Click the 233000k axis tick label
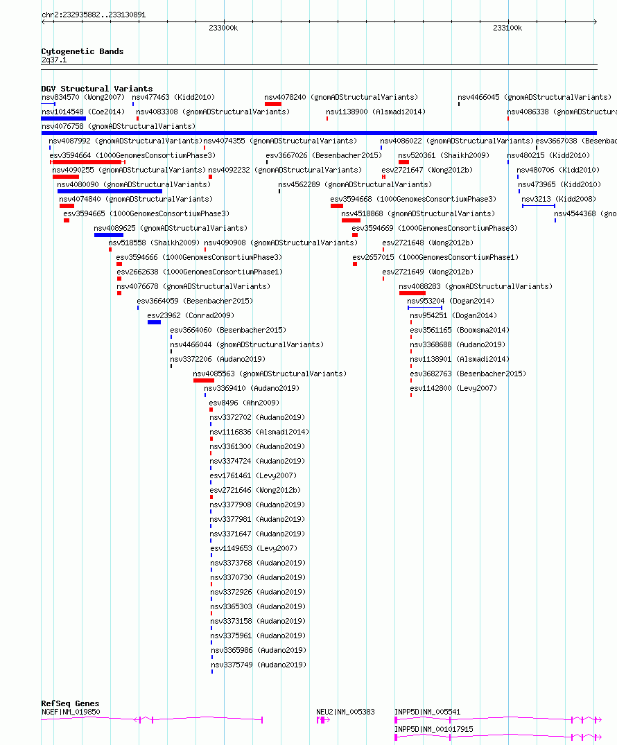pyautogui.click(x=223, y=28)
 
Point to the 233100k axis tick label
pyautogui.click(x=507, y=28)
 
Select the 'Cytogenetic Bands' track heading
pyautogui.click(x=82, y=51)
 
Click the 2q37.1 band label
pyautogui.click(x=54, y=60)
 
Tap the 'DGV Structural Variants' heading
pyautogui.click(x=97, y=89)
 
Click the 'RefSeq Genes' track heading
pyautogui.click(x=70, y=703)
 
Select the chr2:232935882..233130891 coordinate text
pyautogui.click(x=94, y=15)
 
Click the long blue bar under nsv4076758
pyautogui.click(x=319, y=133)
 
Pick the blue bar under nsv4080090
pyautogui.click(x=110, y=191)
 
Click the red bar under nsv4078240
pyautogui.click(x=273, y=104)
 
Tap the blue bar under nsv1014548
pyautogui.click(x=63, y=119)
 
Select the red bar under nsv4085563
pyautogui.click(x=203, y=380)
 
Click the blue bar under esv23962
pyautogui.click(x=154, y=323)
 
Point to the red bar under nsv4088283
pyautogui.click(x=412, y=293)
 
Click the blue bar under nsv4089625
pyautogui.click(x=109, y=235)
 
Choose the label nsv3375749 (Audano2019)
pyautogui.click(x=258, y=665)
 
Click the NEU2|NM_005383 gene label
pyautogui.click(x=345, y=712)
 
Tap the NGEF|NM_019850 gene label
pyautogui.click(x=71, y=712)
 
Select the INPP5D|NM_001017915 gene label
pyautogui.click(x=433, y=729)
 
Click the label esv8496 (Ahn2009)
pyautogui.click(x=244, y=403)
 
